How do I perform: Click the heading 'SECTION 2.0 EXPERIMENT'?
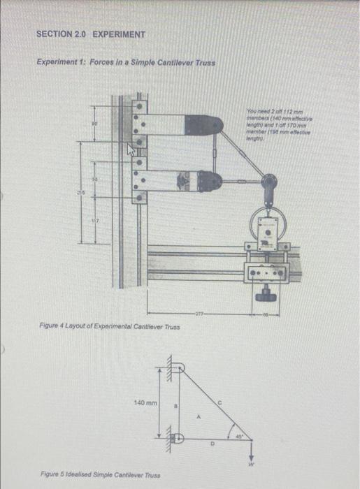[x=91, y=34]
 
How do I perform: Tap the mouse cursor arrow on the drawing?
[x=129, y=149]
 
